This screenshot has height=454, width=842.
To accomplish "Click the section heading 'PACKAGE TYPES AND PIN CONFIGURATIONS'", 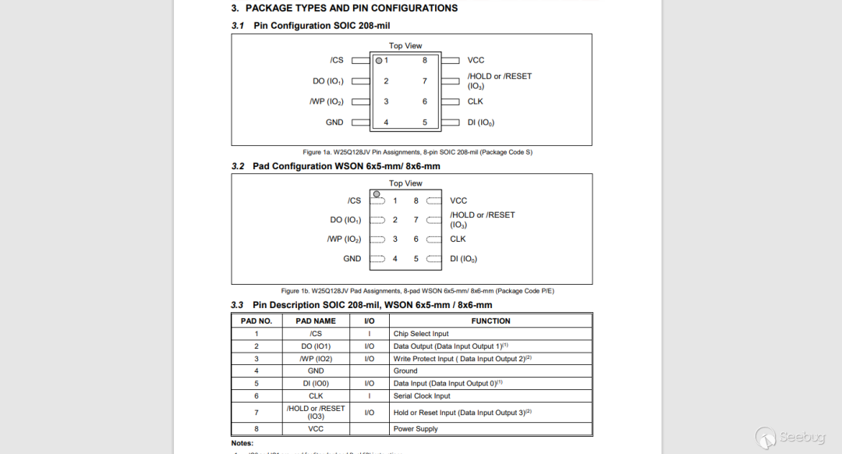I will [351, 9].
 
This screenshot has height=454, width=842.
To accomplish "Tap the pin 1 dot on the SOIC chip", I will [379, 60].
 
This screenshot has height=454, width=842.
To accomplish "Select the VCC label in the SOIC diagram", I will [476, 60].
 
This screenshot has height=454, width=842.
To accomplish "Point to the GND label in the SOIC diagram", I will [334, 122].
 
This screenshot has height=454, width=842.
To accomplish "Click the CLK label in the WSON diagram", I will [458, 239].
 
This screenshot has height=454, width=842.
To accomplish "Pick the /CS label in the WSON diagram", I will [354, 200].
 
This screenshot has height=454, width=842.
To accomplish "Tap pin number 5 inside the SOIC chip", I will [425, 122].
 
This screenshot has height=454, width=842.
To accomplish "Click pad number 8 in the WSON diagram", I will [416, 200].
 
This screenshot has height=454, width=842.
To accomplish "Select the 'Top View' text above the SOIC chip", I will [405, 46].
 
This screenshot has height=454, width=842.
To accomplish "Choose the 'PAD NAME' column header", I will [316, 321].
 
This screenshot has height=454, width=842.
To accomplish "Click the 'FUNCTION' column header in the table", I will [490, 321].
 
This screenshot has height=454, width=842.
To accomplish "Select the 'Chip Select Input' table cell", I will [421, 334].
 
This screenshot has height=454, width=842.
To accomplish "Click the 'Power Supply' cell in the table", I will [416, 429].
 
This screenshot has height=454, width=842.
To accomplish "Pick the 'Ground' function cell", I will [405, 371].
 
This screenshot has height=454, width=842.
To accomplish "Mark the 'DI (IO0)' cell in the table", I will [316, 384].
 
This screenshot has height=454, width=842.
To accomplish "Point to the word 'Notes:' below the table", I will [242, 443].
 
